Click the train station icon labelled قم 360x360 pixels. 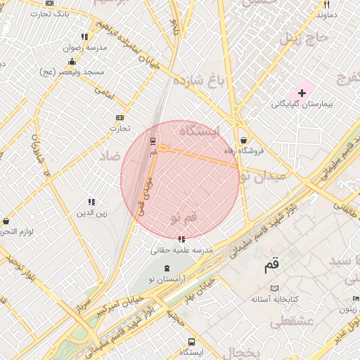click(x=153, y=141)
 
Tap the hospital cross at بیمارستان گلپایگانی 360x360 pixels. click(x=302, y=93)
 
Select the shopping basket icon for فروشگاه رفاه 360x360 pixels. click(x=243, y=140)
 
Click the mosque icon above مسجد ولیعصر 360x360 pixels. click(x=72, y=62)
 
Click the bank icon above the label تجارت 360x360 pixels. click(x=119, y=117)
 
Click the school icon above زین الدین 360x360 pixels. click(x=91, y=202)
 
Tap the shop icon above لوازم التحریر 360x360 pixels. click(x=6, y=221)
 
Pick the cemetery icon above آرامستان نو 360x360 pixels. click(x=167, y=269)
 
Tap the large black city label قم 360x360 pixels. click(x=271, y=266)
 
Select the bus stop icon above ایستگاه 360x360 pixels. click(x=191, y=342)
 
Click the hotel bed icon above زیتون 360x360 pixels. click(x=355, y=298)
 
